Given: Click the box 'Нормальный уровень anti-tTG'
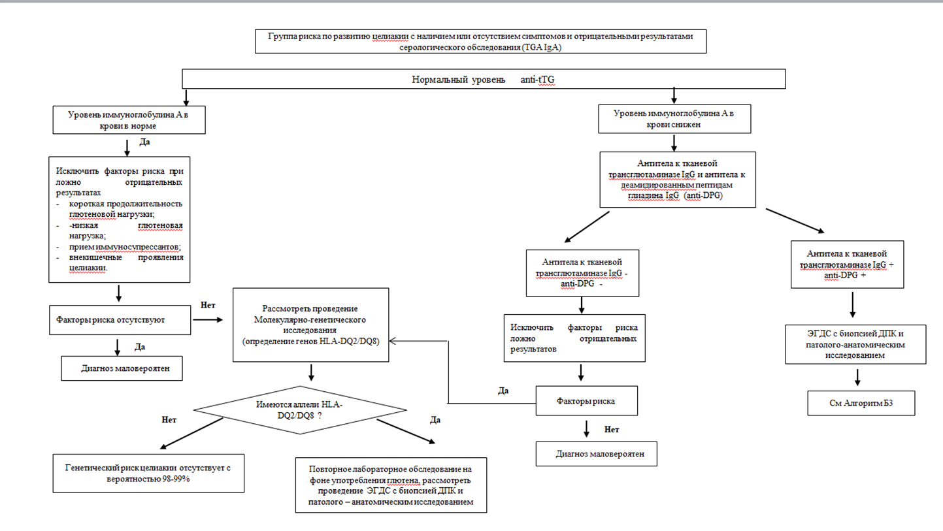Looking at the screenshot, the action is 484,79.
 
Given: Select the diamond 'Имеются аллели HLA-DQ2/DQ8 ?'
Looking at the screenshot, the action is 300,410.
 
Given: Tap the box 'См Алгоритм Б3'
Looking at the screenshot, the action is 861,403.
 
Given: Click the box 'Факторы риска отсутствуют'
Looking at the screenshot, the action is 120,320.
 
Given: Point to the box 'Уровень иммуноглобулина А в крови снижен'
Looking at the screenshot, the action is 674,119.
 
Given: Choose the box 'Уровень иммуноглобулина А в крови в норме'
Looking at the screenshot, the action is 129,120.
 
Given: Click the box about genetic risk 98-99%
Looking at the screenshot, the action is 148,474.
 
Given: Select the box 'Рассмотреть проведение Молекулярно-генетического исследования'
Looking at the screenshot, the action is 310,325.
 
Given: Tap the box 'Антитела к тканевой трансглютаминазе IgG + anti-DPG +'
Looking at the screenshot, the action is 847,265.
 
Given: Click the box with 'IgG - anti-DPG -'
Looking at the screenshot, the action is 582,273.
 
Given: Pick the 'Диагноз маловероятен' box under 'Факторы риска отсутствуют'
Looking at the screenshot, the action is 122,368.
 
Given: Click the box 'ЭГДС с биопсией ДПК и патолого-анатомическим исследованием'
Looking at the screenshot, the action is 855,344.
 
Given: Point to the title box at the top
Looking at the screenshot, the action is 480,41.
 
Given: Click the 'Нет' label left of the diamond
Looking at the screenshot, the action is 169,419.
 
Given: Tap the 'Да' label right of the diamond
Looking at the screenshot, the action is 435,420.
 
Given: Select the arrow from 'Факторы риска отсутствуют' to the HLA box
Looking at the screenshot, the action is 208,320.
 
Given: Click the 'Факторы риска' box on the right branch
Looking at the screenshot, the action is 586,401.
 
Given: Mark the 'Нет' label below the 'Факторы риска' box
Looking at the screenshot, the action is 611,429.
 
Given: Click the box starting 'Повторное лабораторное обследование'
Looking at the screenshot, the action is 391,485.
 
